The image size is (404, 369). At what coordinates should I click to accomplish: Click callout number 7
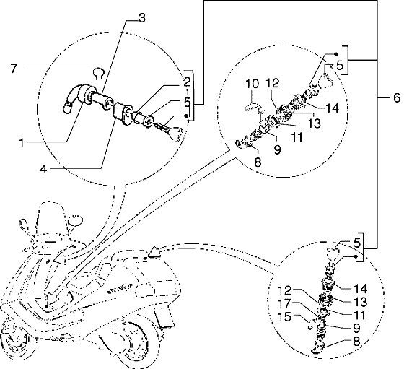(x=14, y=69)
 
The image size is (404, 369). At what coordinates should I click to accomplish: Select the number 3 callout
(x=142, y=19)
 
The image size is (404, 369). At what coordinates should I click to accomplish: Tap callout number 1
(x=22, y=142)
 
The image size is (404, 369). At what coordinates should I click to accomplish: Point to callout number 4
(x=44, y=169)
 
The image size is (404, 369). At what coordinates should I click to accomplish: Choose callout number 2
(x=188, y=82)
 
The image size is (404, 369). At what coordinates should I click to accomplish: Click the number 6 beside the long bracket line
(x=397, y=98)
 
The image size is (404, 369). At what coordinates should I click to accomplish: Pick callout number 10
(x=252, y=84)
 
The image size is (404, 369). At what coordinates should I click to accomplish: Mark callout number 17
(x=284, y=303)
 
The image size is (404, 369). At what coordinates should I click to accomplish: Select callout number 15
(x=284, y=317)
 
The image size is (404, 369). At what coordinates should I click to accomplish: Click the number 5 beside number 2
(x=188, y=103)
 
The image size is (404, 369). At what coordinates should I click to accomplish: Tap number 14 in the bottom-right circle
(x=360, y=289)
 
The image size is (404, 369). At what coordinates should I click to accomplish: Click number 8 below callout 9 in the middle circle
(x=258, y=162)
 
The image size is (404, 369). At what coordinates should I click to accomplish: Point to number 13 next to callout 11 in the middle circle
(x=314, y=123)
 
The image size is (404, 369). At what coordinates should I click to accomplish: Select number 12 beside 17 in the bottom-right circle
(x=284, y=290)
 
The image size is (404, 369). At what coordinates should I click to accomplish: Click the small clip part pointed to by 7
(x=99, y=73)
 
